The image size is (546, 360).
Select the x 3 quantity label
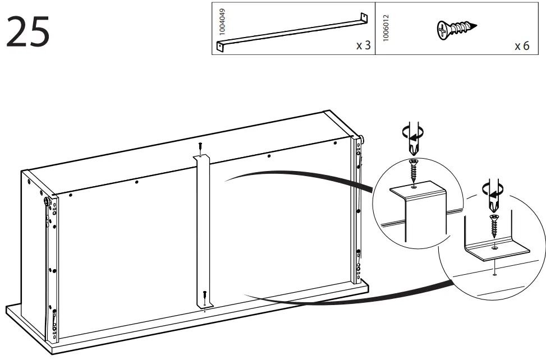point(363,45)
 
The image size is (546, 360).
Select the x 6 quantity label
point(521,45)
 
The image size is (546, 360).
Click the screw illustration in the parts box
point(456,27)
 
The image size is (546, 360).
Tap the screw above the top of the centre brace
point(200,147)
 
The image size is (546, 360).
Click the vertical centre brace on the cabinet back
point(203,230)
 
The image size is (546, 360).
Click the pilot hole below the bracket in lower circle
point(493,274)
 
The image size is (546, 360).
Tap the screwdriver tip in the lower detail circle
point(494,208)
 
